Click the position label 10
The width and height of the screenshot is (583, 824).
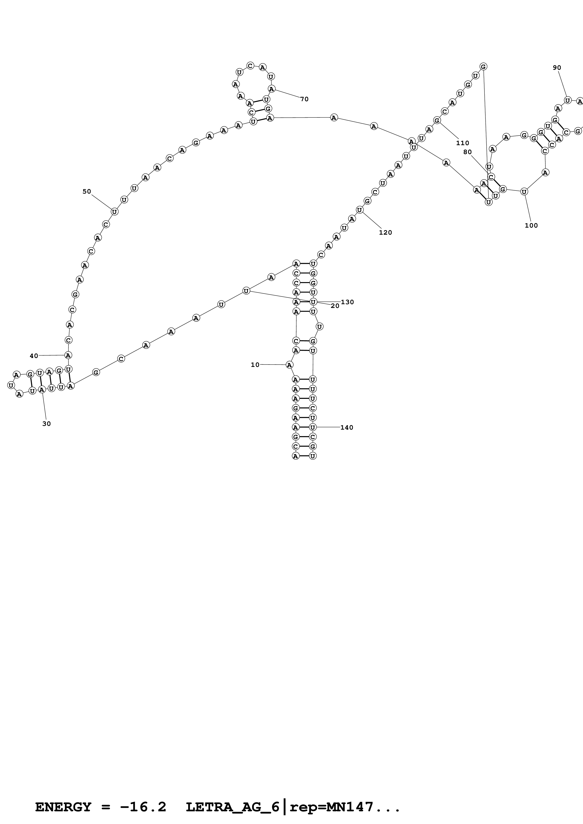coord(255,365)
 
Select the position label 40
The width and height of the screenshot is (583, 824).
coord(34,356)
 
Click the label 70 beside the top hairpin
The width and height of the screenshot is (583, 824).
coord(304,99)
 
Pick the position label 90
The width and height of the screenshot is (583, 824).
coord(557,67)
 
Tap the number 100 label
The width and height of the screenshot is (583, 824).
coord(531,225)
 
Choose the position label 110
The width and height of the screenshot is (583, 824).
coord(463,143)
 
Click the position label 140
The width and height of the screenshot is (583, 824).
coord(347,428)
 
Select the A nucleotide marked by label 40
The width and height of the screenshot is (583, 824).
coord(68,355)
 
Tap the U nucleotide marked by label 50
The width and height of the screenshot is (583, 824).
coord(114,212)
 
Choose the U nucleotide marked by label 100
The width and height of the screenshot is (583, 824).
coord(524,192)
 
